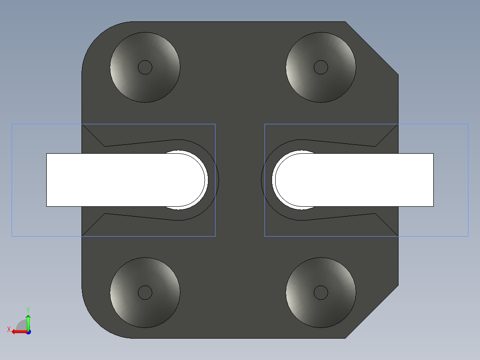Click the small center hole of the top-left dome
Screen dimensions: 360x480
[x=145, y=67]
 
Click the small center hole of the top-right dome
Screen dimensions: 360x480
[x=321, y=67]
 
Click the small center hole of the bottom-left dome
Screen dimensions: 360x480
[x=145, y=293]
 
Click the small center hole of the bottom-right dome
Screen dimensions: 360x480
[x=321, y=293]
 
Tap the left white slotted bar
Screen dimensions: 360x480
[x=107, y=180]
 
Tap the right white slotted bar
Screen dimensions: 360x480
[x=374, y=180]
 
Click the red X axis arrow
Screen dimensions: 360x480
[x=18, y=331]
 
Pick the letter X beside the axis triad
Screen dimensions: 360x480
[x=8, y=329]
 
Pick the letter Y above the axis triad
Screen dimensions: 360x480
[x=28, y=309]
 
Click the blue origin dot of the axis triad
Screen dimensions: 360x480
[x=28, y=332]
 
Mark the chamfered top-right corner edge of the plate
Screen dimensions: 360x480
[x=372, y=48]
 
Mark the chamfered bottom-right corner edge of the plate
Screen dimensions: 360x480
[x=372, y=312]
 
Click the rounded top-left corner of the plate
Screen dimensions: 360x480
[x=96, y=36]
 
